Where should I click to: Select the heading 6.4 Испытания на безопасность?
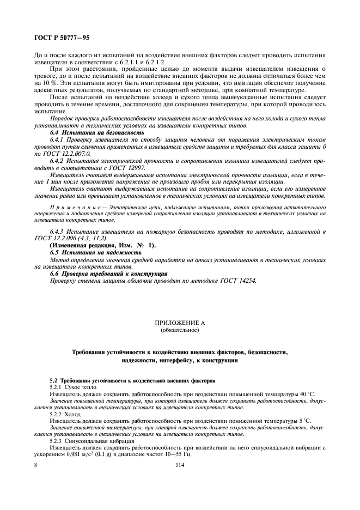coord(90,132)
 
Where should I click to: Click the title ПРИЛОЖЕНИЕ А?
coord(180,323)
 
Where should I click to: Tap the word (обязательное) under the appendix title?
coord(180,330)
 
